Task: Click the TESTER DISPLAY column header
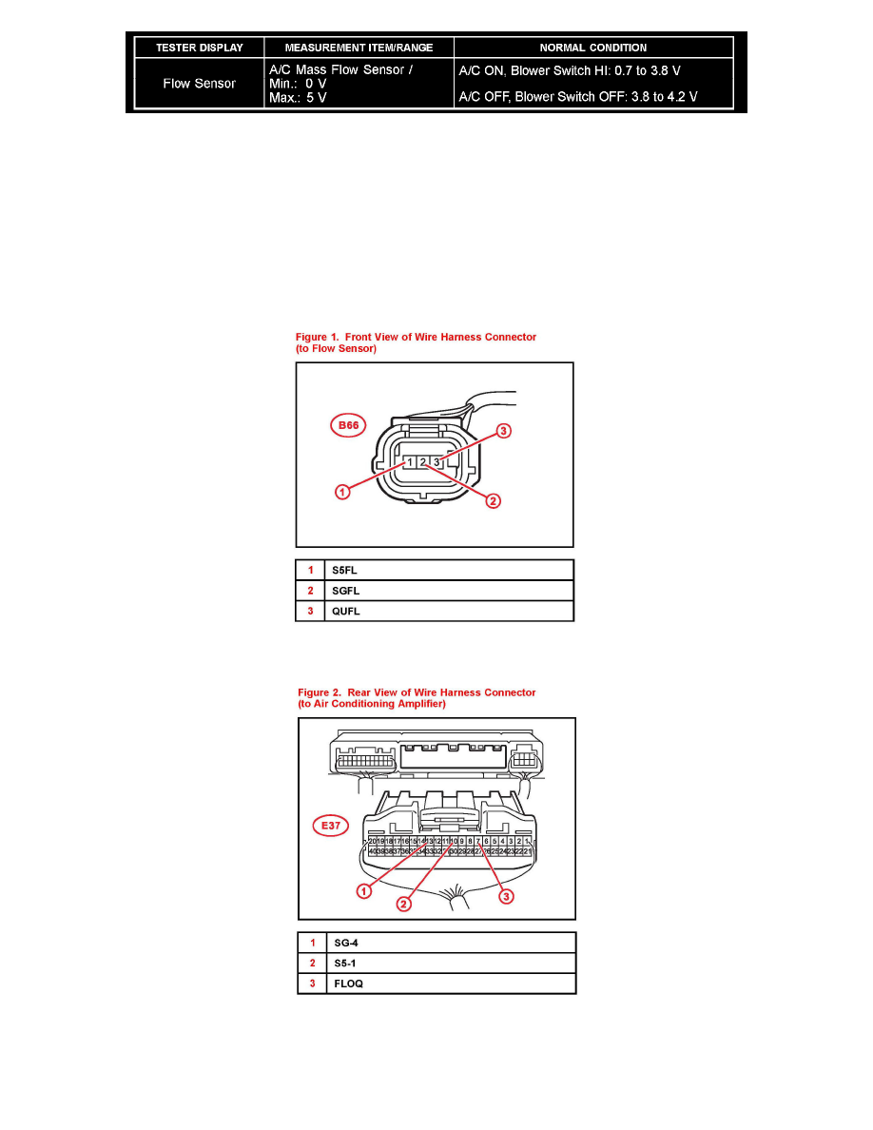(x=200, y=48)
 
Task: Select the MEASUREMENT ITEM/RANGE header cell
(x=359, y=48)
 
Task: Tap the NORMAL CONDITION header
(x=593, y=48)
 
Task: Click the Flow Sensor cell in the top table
(x=200, y=84)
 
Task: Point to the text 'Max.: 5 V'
(x=299, y=99)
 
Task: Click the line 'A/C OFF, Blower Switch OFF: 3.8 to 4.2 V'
(x=578, y=97)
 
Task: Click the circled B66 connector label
(x=349, y=425)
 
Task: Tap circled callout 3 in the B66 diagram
(x=504, y=431)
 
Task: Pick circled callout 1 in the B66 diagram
(x=342, y=492)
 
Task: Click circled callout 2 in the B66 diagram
(x=493, y=500)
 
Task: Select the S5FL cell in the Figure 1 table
(x=344, y=570)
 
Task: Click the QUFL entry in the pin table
(x=345, y=612)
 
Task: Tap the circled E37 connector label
(x=331, y=826)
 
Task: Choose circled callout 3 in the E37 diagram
(x=507, y=896)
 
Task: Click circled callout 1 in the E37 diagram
(x=363, y=891)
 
